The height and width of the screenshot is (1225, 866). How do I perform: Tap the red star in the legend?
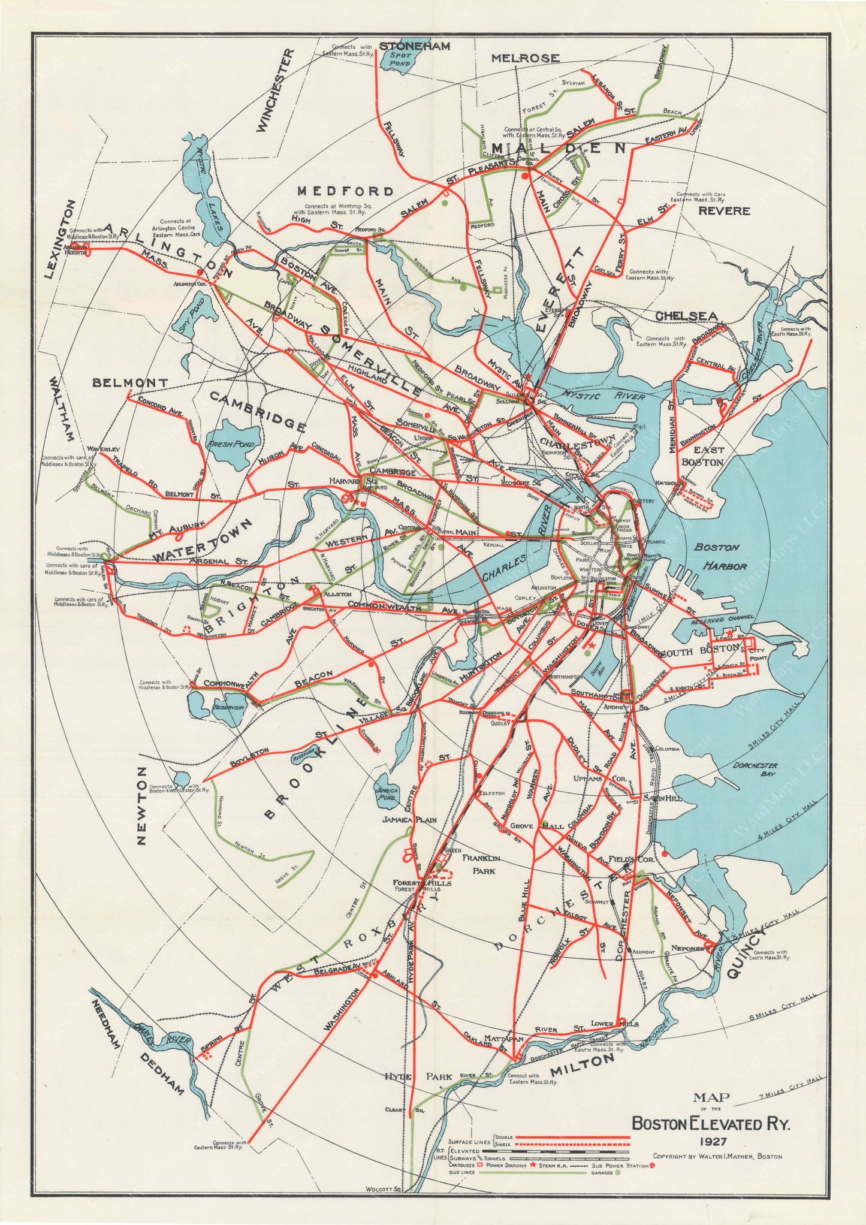click(x=532, y=1165)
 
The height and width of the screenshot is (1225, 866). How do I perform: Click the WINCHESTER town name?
click(x=274, y=90)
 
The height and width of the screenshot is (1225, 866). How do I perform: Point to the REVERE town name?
click(x=723, y=211)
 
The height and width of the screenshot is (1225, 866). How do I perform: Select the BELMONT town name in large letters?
click(x=130, y=382)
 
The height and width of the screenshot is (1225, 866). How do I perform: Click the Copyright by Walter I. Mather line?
click(x=717, y=1156)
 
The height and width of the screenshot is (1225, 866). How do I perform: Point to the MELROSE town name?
click(x=525, y=58)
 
